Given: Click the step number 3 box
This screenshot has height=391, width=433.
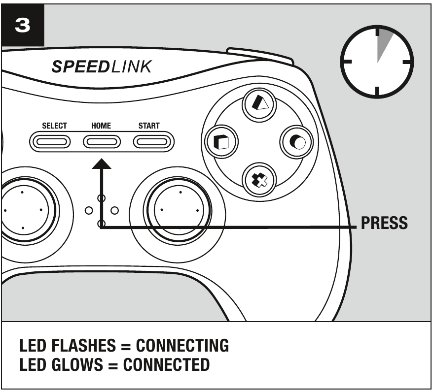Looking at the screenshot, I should coord(23,25).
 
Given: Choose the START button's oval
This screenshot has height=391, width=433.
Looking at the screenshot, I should coord(152,142).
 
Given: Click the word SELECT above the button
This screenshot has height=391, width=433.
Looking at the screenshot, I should coord(54,126).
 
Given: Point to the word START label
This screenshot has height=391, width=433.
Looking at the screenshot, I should coord(148,126).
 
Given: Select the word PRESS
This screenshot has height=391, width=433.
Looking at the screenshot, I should coord(385,223).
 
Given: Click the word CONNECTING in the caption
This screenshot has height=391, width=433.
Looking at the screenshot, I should coord(182,346).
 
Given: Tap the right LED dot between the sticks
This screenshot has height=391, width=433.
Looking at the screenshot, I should coord(114,211).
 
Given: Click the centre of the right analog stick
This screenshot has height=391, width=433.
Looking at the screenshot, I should coord(180,210).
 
